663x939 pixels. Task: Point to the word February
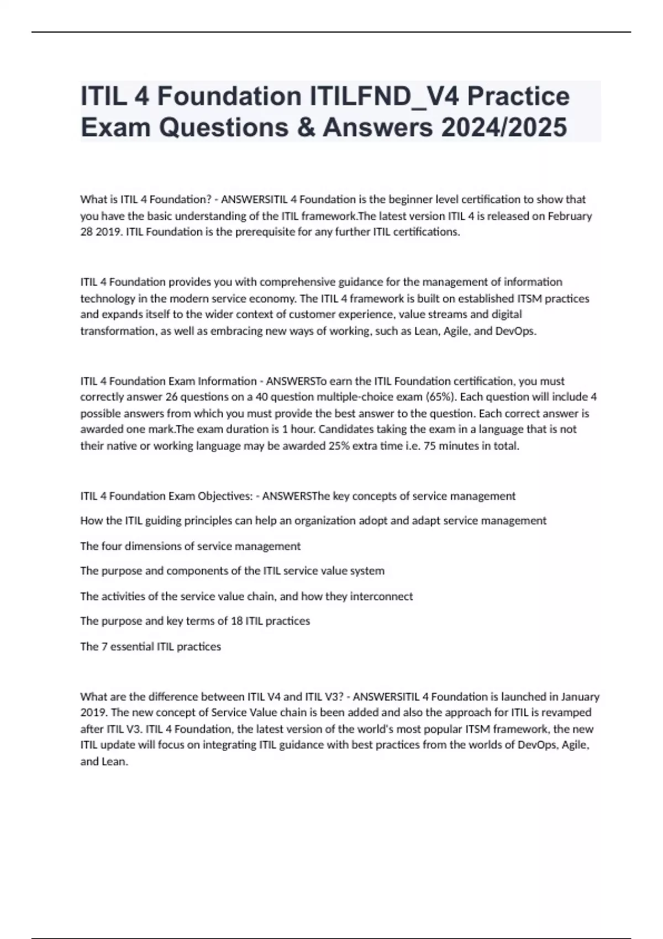(570, 216)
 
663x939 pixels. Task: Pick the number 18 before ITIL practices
(236, 621)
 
